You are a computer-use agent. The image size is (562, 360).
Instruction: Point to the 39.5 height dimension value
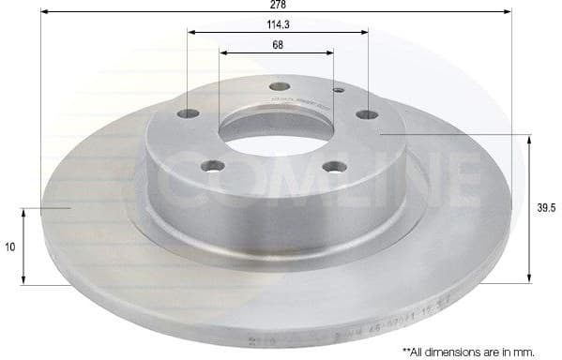click(x=543, y=210)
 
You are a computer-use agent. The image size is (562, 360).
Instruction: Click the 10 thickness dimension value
click(x=9, y=247)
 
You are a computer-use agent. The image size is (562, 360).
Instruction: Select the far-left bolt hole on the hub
click(x=189, y=114)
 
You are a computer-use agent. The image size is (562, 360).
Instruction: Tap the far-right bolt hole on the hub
click(x=367, y=114)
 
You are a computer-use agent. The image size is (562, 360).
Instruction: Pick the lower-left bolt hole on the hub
click(x=216, y=167)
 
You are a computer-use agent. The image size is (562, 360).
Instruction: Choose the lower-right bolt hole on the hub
click(x=334, y=167)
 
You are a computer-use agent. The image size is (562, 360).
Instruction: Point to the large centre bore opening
click(x=277, y=128)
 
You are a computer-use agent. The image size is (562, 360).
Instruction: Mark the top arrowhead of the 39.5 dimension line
click(x=531, y=141)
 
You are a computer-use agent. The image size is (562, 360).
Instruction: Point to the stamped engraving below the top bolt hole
click(x=293, y=102)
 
